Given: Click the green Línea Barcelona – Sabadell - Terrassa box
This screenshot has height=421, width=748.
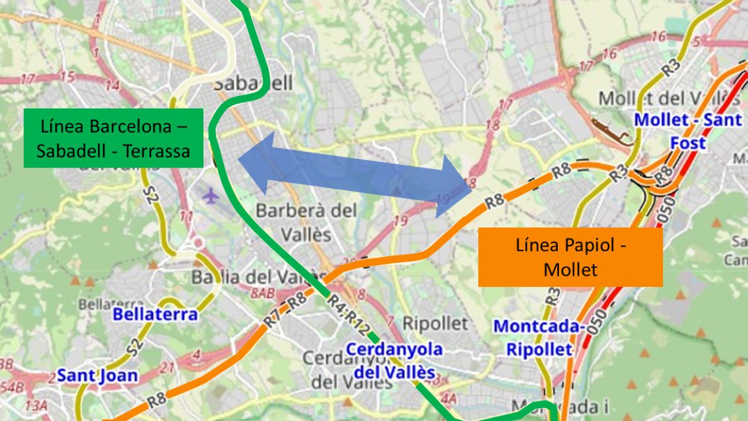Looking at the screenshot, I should point(113,138).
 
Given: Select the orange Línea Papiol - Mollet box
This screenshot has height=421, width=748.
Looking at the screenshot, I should point(570,257).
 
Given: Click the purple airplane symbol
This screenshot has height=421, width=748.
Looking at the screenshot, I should point(210,195).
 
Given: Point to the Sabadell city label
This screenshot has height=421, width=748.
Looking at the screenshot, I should point(253,83).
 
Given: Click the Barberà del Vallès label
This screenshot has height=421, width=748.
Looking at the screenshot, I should point(306,222).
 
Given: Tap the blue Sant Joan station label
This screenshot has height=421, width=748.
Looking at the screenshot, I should point(97,376).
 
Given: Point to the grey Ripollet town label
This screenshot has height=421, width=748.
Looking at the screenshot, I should point(434,324).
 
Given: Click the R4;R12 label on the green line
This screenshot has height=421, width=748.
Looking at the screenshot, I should point(347,314).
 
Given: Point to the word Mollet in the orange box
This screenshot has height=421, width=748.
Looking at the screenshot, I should point(570,269).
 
